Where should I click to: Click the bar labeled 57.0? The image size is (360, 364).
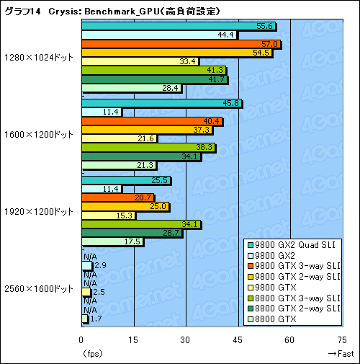click(180, 44)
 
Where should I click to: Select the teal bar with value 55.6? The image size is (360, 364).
click(178, 26)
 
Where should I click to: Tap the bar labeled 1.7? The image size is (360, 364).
click(84, 319)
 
